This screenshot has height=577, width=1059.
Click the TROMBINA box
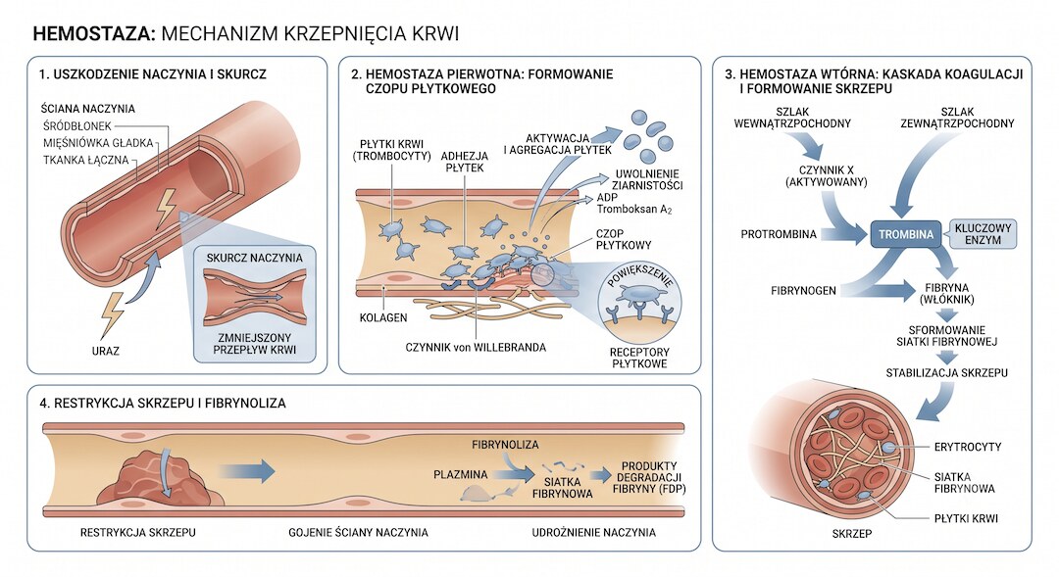[x=906, y=234]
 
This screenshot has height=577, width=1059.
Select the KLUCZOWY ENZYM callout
[x=983, y=233]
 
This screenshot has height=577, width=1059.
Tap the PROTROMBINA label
[x=778, y=234]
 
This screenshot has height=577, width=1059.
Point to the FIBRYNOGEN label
[x=803, y=291]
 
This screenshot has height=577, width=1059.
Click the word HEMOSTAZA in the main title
[x=94, y=33]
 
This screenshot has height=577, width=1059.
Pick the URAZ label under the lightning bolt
[x=105, y=351]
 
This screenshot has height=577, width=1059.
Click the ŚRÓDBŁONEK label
[x=77, y=126]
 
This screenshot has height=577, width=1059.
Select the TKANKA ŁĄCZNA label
[x=85, y=160]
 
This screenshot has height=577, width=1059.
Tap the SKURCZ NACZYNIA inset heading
[x=255, y=258]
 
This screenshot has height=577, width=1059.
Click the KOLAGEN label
[x=383, y=317]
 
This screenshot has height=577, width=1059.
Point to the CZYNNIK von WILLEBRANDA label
[x=476, y=348]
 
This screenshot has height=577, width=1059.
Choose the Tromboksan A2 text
[x=634, y=210]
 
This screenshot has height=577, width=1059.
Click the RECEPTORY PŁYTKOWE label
[x=639, y=358]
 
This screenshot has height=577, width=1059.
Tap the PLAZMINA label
[x=461, y=474]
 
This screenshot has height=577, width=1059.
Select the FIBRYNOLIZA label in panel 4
[x=505, y=445]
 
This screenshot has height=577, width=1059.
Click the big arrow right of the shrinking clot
[x=247, y=471]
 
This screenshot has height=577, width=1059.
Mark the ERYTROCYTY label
[x=968, y=447]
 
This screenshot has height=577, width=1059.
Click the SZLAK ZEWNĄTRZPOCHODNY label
[x=957, y=118]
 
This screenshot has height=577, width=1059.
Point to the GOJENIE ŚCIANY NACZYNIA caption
[x=358, y=533]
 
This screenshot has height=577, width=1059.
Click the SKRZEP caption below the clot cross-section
[x=852, y=534]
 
